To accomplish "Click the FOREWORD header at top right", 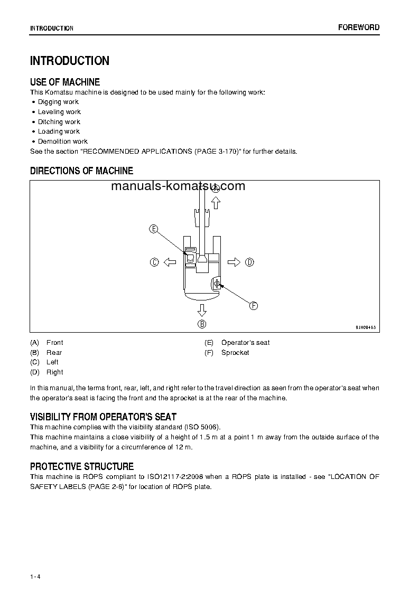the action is point(359,27).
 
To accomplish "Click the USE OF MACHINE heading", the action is point(65,82).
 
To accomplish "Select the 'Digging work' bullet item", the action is point(58,102).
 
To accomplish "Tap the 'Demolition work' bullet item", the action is point(63,142).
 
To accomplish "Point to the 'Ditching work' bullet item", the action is point(59,122).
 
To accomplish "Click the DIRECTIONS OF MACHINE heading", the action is point(81,171).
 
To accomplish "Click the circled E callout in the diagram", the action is point(153,229).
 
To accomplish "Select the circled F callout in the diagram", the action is point(253,306).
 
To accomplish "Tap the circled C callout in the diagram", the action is point(154,262).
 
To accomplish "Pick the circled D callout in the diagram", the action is point(249,262).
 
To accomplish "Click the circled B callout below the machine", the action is point(202,324).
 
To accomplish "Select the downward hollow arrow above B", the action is point(202,309).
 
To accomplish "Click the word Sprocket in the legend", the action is point(235,353).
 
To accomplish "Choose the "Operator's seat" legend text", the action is point(245,343).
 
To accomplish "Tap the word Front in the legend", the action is point(54,343).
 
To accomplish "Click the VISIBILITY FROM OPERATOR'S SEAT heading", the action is point(103,417).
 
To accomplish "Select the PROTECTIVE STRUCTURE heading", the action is point(82,466).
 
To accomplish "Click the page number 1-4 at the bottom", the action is point(35,577).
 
